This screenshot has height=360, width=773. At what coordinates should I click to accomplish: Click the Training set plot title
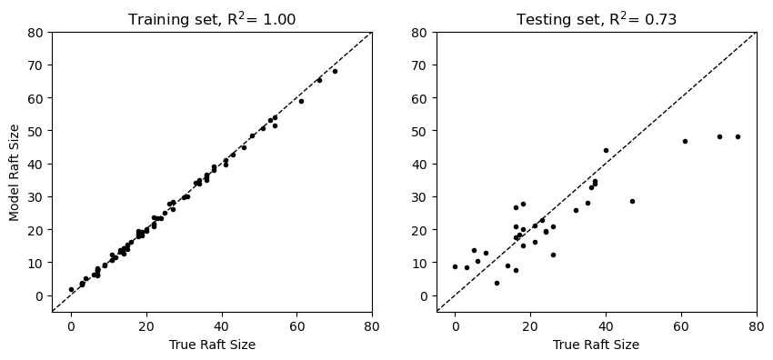pyautogui.click(x=212, y=19)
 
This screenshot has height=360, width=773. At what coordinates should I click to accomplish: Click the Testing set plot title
pyautogui.click(x=597, y=19)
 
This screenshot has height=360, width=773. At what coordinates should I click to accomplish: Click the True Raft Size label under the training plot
pyautogui.click(x=212, y=345)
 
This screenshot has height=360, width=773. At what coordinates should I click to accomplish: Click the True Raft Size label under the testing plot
pyautogui.click(x=597, y=345)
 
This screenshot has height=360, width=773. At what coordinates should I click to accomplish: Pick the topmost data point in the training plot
pyautogui.click(x=335, y=71)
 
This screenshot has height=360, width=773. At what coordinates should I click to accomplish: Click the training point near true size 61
pyautogui.click(x=301, y=101)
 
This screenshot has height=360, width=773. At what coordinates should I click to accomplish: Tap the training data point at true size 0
pyautogui.click(x=71, y=289)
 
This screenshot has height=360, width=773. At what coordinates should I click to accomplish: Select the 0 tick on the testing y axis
pyautogui.click(x=427, y=295)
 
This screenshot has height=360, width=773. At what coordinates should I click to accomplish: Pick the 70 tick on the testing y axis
pyautogui.click(x=424, y=65)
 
